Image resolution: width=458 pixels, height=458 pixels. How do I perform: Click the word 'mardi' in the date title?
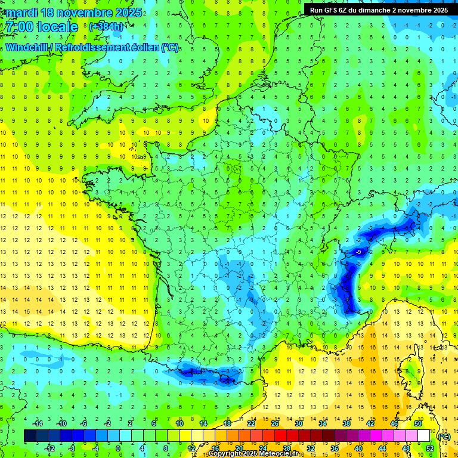click(x=22, y=13)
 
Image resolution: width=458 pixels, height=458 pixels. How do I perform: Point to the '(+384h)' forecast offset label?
click(x=106, y=26)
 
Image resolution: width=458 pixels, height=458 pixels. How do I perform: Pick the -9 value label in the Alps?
click(x=358, y=253)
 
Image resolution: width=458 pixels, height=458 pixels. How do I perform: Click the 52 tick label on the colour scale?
click(x=430, y=448)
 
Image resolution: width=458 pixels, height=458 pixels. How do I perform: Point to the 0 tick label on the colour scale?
click(x=118, y=448)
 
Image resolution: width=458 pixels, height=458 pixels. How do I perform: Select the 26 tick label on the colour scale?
click(x=275, y=423)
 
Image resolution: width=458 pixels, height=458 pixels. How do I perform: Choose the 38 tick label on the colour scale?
click(x=346, y=423)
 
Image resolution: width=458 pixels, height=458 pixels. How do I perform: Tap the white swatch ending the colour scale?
click(x=423, y=436)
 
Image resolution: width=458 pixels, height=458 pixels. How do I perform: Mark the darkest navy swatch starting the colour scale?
click(x=30, y=436)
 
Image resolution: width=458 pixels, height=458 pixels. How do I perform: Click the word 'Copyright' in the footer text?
click(x=225, y=454)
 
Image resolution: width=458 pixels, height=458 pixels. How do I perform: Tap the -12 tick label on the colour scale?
click(x=49, y=448)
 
